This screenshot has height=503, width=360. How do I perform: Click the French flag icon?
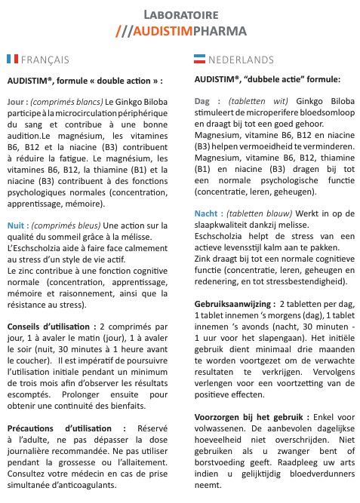[x=12, y=59]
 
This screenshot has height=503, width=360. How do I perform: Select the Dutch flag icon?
[x=200, y=59]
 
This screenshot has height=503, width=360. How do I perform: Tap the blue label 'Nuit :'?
[x=18, y=225]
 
